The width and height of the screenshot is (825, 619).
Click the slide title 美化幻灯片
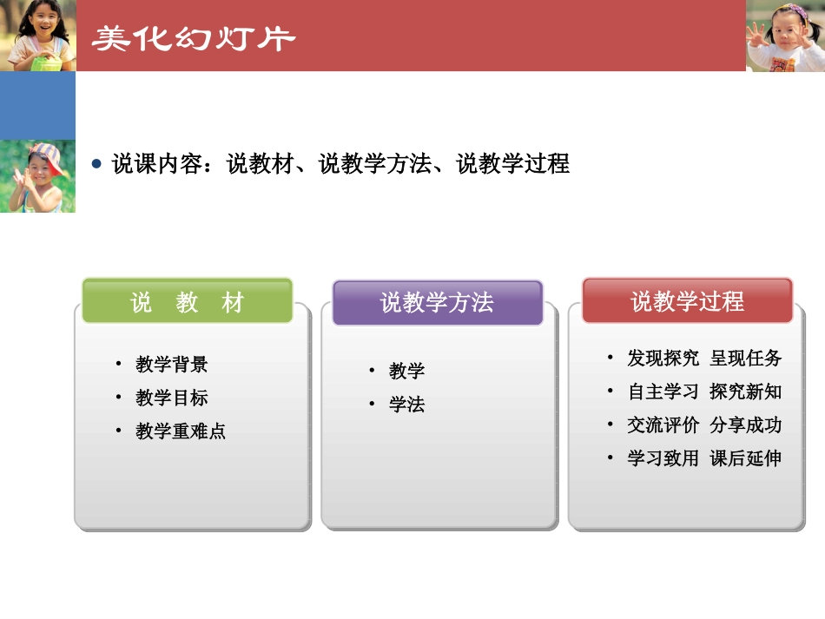(194, 38)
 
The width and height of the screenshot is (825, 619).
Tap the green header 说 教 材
(188, 302)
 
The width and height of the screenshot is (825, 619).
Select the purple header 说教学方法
(437, 302)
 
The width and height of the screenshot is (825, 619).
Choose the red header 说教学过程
(687, 301)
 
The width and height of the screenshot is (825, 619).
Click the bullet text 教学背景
(172, 365)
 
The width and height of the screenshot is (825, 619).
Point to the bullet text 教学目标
(172, 398)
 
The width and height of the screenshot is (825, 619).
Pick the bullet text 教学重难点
(181, 431)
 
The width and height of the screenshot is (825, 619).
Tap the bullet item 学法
(407, 405)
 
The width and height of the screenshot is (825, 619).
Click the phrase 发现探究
(663, 358)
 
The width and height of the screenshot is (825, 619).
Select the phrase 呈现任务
(746, 358)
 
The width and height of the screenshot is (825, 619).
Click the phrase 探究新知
(746, 392)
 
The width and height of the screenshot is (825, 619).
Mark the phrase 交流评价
(663, 425)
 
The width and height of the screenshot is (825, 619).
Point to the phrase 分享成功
(746, 425)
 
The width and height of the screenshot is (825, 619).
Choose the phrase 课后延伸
(746, 458)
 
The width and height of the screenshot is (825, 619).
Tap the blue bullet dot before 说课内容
(97, 162)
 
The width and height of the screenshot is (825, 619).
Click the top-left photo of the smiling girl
(37, 36)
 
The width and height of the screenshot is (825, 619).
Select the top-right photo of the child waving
(785, 36)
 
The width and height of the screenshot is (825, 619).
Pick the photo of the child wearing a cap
(37, 177)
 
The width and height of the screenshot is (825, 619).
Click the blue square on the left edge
(37, 106)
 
